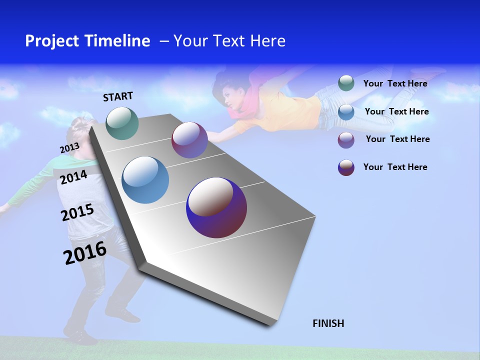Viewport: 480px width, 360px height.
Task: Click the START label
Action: click(x=118, y=96)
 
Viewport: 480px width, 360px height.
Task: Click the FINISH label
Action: click(x=328, y=323)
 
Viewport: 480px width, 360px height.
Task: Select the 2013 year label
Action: click(x=69, y=148)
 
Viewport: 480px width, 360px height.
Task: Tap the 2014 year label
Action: click(x=73, y=177)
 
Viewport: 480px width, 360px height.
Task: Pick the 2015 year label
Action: click(x=77, y=212)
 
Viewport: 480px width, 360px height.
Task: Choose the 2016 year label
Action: click(x=85, y=253)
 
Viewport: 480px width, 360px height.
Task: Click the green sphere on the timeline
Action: click(x=122, y=123)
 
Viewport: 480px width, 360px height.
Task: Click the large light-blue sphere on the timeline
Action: click(x=145, y=180)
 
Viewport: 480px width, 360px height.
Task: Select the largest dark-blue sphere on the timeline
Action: click(x=216, y=207)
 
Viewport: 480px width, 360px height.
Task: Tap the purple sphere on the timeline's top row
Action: click(x=189, y=140)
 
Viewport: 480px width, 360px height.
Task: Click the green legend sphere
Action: click(x=346, y=83)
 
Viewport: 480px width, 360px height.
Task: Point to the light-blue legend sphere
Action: click(x=346, y=111)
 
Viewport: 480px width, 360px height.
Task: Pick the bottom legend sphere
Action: click(x=346, y=167)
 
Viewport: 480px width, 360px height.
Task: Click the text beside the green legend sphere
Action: click(x=395, y=83)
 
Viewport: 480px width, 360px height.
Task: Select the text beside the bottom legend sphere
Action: click(x=395, y=167)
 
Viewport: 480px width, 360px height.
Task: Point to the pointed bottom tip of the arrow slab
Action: click(x=272, y=324)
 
